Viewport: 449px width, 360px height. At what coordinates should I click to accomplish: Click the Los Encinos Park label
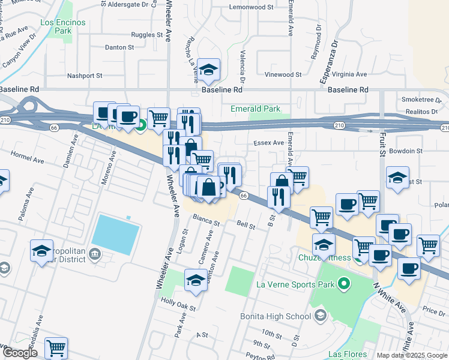click(x=63, y=26)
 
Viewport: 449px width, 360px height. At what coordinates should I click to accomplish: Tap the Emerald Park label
click(x=256, y=109)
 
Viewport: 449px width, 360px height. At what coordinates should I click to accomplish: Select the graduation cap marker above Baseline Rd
click(x=208, y=72)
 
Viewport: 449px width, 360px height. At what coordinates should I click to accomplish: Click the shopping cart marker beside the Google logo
click(x=56, y=347)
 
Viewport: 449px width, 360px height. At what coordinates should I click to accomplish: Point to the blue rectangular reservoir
click(x=116, y=235)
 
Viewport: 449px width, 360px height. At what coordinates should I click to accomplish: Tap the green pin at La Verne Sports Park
click(x=343, y=283)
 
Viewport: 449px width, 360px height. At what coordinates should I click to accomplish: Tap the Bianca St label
click(x=207, y=221)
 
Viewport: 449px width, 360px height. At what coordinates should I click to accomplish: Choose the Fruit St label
click(x=381, y=145)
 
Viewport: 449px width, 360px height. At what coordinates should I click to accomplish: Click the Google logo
click(x=20, y=353)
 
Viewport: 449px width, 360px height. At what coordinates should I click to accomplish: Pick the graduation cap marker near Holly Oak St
click(x=196, y=281)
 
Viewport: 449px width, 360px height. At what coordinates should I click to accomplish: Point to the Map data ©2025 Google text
click(x=412, y=355)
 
